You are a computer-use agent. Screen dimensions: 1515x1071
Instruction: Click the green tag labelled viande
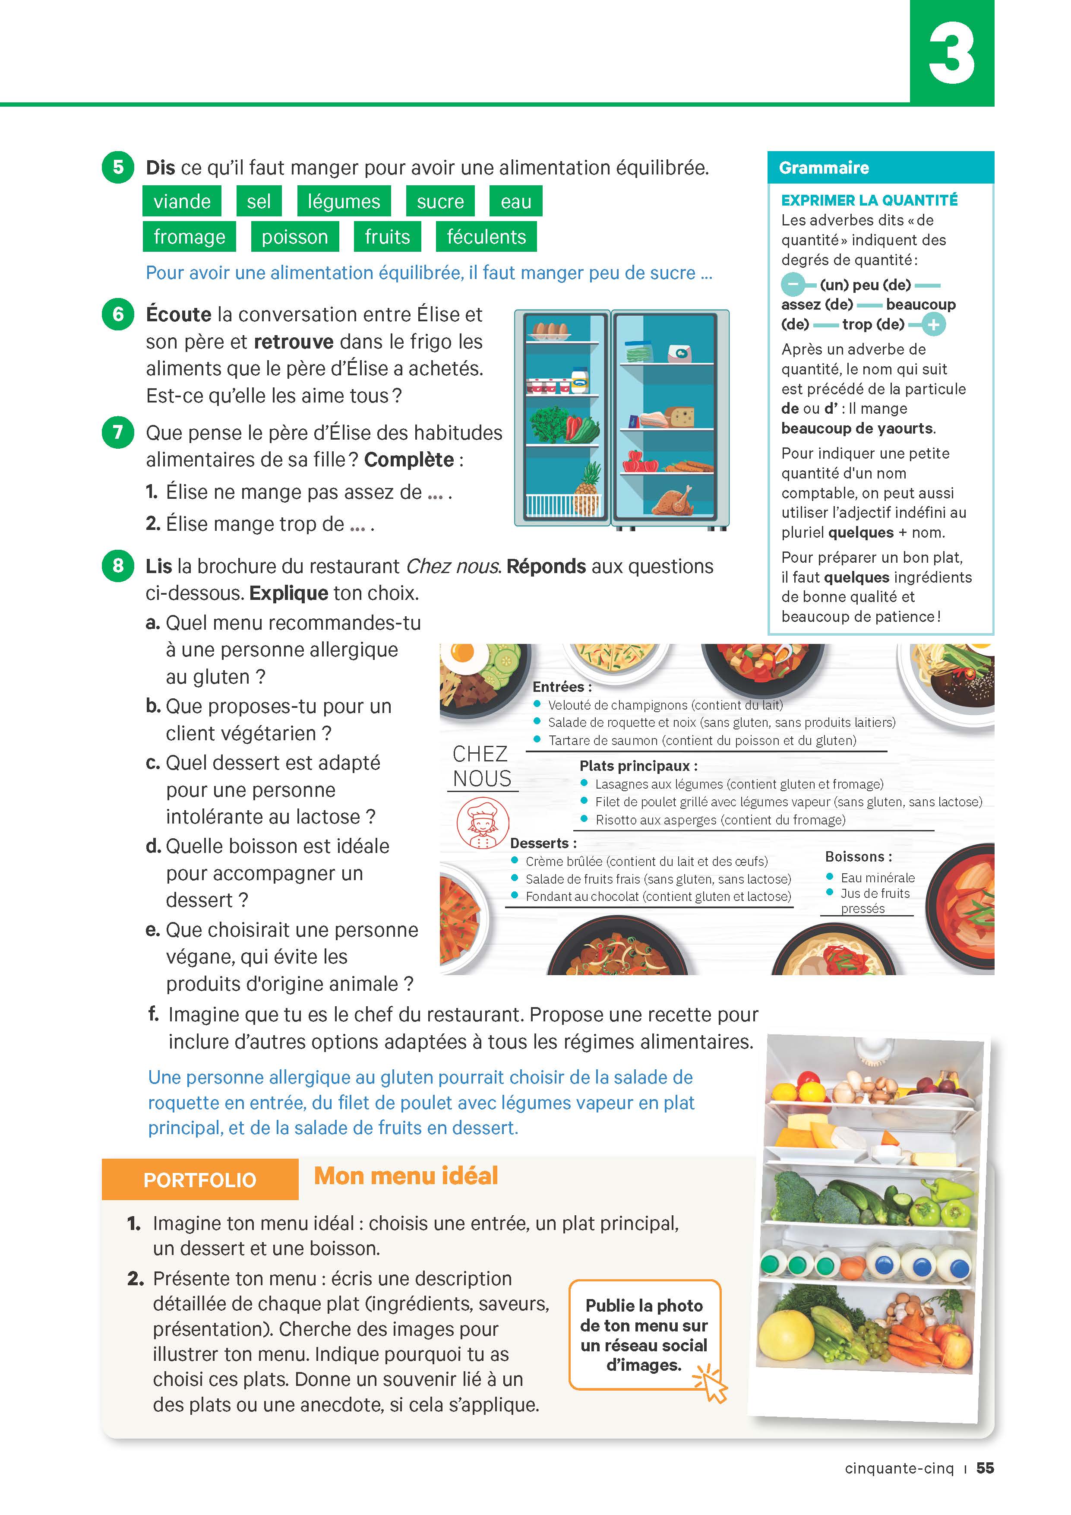(x=182, y=201)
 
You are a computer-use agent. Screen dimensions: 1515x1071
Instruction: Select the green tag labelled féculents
(x=486, y=237)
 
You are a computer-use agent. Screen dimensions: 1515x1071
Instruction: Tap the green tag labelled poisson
(x=295, y=237)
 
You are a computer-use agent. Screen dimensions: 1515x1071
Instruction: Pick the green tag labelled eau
(x=516, y=201)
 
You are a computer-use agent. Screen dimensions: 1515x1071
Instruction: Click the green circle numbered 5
(x=118, y=167)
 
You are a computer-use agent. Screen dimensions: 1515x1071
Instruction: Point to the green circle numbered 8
(x=118, y=565)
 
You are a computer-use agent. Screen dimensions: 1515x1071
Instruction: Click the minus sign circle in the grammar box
(x=793, y=285)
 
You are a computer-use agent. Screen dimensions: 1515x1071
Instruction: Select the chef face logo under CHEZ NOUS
(x=483, y=822)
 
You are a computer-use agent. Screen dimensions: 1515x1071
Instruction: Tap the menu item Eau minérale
(x=877, y=878)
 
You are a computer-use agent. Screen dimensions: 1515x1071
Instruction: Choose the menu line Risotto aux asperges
(x=720, y=820)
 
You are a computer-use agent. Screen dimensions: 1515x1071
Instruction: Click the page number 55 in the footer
(x=985, y=1468)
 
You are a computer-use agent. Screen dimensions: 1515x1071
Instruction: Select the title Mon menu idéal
(x=406, y=1176)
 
